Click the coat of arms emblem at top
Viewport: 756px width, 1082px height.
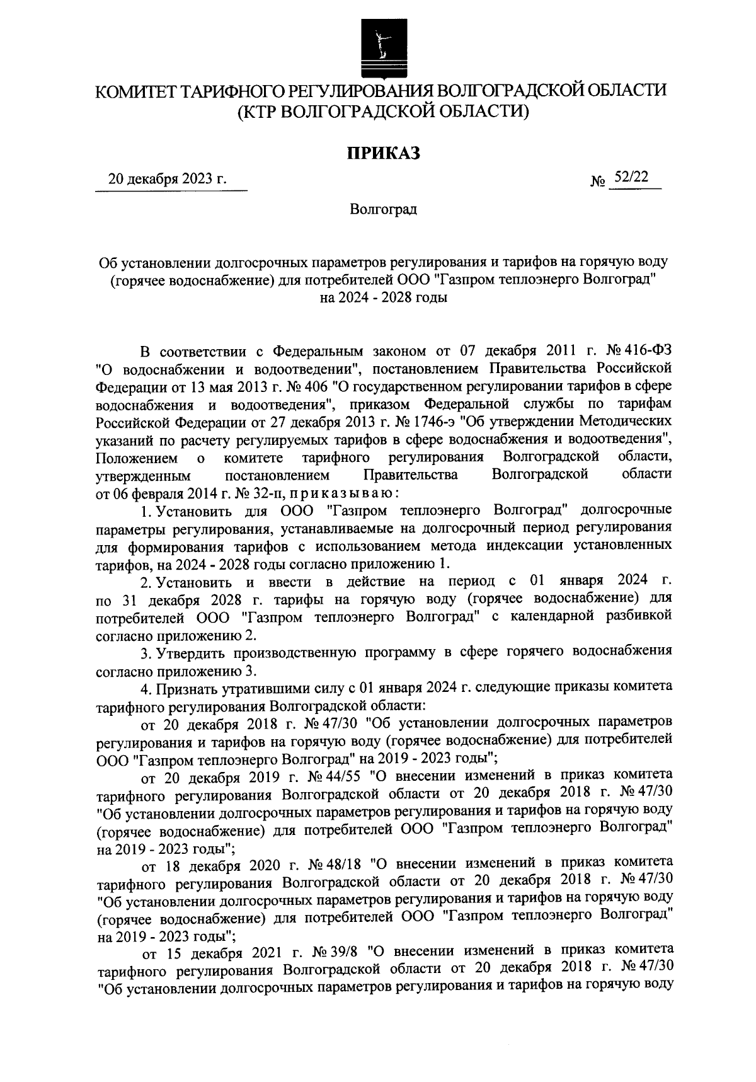point(378,48)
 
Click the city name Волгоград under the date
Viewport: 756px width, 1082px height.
point(384,209)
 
